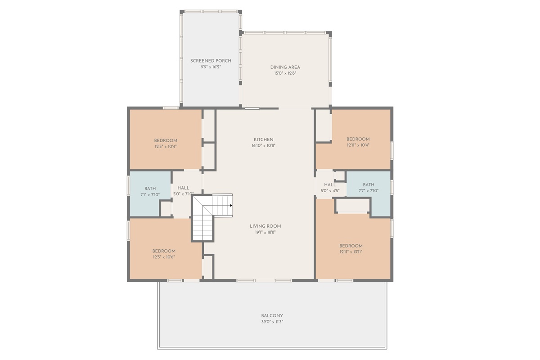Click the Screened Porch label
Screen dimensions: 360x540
[211, 61]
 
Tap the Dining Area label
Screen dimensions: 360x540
[285, 67]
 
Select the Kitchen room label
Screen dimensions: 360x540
[263, 139]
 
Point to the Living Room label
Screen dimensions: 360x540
[265, 226]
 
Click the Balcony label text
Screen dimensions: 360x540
[272, 316]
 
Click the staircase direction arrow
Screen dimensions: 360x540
[230, 205]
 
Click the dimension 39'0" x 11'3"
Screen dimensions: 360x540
[272, 322]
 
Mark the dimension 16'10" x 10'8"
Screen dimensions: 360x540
[263, 145]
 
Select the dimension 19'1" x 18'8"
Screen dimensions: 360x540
[265, 232]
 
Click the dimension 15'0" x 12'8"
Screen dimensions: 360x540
[285, 73]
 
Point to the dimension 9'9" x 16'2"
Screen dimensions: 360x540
[211, 67]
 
